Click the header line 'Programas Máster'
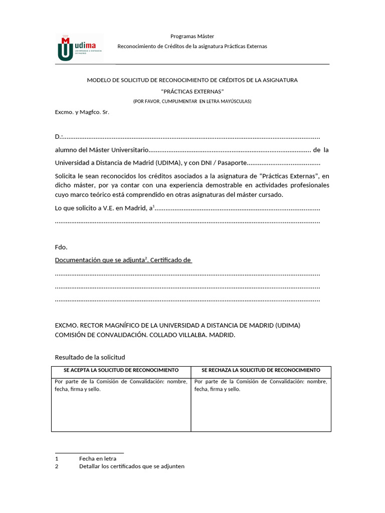pyautogui.click(x=192, y=36)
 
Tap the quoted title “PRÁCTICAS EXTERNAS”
pyautogui.click(x=192, y=91)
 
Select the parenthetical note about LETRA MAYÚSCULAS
pyautogui.click(x=192, y=101)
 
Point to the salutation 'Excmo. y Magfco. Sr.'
pyautogui.click(x=82, y=112)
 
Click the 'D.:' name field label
pyautogui.click(x=59, y=137)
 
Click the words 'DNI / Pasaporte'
pyautogui.click(x=224, y=163)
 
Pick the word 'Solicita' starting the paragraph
pyautogui.click(x=65, y=176)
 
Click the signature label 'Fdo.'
pyautogui.click(x=61, y=247)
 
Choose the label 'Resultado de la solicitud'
pyautogui.click(x=90, y=357)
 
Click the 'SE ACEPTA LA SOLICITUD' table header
pyautogui.click(x=121, y=370)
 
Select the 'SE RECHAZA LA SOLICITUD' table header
pyautogui.click(x=261, y=370)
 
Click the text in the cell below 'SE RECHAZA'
pyautogui.click(x=261, y=385)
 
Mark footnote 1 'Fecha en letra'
pyautogui.click(x=98, y=458)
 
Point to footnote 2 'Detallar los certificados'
pyautogui.click(x=132, y=466)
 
